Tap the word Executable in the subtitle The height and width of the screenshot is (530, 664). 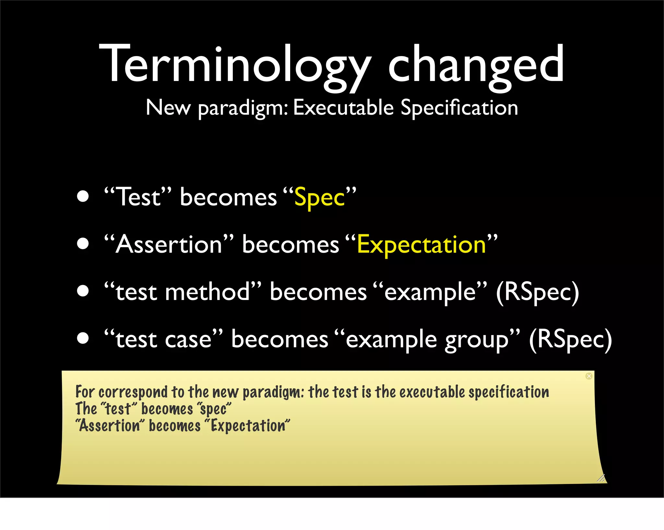pyautogui.click(x=343, y=108)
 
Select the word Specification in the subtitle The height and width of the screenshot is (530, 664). pyautogui.click(x=459, y=108)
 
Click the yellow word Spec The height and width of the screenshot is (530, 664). pyautogui.click(x=319, y=198)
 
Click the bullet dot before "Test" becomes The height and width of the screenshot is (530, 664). pyautogui.click(x=83, y=196)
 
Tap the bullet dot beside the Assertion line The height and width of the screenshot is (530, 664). pyautogui.click(x=83, y=244)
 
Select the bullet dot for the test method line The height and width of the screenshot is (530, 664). pyautogui.click(x=83, y=291)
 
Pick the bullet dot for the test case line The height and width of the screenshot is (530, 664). pyautogui.click(x=83, y=338)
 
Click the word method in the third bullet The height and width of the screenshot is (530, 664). pyautogui.click(x=208, y=292)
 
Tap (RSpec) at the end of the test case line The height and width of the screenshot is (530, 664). pyautogui.click(x=570, y=340)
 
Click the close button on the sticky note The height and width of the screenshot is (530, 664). pyautogui.click(x=589, y=376)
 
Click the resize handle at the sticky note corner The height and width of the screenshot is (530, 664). pyautogui.click(x=601, y=478)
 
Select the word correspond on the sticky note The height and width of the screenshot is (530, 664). pyautogui.click(x=133, y=392)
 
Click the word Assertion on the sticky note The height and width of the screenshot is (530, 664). pyautogui.click(x=110, y=426)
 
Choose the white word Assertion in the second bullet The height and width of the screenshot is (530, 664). pyautogui.click(x=169, y=245)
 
